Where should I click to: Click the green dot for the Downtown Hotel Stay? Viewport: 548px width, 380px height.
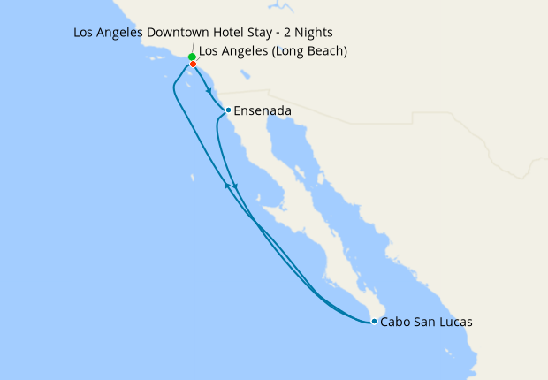192,57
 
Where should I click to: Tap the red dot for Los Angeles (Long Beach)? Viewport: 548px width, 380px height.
193,64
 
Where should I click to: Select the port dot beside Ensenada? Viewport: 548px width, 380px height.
228,110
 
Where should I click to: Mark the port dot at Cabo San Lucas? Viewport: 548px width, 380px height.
375,322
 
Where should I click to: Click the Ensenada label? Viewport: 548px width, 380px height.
263,110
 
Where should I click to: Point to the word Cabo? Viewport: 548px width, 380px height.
396,323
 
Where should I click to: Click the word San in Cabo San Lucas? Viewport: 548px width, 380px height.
424,323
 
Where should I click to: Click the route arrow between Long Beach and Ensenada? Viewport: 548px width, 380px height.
208,89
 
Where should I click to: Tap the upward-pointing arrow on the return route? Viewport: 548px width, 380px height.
229,186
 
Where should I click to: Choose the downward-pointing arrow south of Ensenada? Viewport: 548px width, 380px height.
235,187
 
